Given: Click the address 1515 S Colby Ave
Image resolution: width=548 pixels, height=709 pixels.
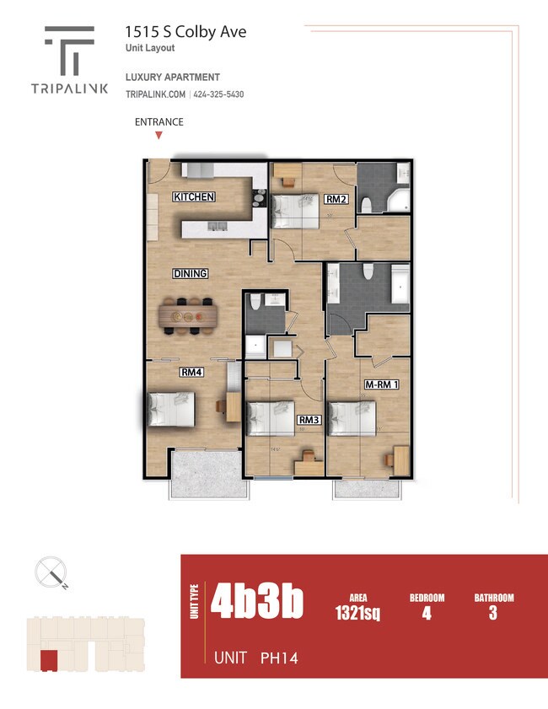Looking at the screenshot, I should (x=185, y=32).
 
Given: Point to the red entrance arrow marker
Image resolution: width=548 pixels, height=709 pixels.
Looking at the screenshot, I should (x=158, y=135).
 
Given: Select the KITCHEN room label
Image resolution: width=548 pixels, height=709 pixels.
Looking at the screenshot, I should (x=194, y=197).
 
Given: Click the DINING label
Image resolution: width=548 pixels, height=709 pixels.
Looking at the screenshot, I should (x=191, y=274).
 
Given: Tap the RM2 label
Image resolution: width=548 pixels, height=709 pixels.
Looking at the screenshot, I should (x=336, y=200).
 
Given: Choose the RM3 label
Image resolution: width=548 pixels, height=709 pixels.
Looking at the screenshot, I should (x=309, y=419).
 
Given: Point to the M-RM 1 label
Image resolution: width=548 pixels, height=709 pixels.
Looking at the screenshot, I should (x=381, y=384).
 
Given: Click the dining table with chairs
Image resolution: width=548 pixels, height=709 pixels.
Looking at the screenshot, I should (x=188, y=316).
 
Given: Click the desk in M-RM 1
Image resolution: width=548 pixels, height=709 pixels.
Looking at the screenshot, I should (x=400, y=458).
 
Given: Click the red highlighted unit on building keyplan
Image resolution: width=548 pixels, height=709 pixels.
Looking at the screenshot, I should (x=49, y=661).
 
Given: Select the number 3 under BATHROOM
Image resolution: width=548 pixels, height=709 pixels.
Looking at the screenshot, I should (x=493, y=613).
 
